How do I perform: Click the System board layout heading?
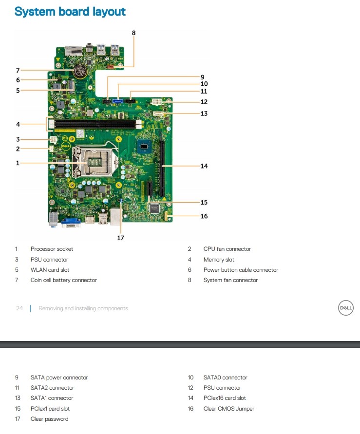click(x=70, y=11)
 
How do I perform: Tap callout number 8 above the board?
click(x=134, y=33)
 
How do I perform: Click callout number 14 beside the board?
click(x=204, y=166)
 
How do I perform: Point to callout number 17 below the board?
click(x=120, y=238)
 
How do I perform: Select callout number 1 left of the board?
click(x=18, y=163)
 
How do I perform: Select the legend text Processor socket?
click(x=52, y=249)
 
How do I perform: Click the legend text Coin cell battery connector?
click(x=63, y=280)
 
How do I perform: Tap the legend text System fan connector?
click(x=230, y=280)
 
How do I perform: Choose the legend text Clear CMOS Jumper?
click(x=228, y=409)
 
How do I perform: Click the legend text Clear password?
click(x=49, y=419)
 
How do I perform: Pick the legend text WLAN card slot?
click(x=50, y=270)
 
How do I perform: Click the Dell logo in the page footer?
click(x=346, y=308)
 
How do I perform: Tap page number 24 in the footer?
click(x=19, y=308)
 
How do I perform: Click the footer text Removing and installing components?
click(x=83, y=308)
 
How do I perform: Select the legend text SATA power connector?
click(x=59, y=377)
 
